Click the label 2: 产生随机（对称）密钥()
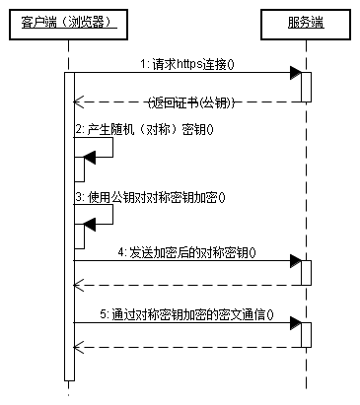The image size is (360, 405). click(x=144, y=129)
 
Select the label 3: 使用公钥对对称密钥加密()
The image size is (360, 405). click(x=150, y=196)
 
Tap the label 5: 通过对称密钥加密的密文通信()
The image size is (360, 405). click(x=187, y=314)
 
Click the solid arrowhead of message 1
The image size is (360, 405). click(x=294, y=73)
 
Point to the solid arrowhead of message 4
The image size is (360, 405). click(x=294, y=261)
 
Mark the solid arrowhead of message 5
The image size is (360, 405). click(x=294, y=323)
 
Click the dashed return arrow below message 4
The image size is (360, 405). click(x=187, y=285)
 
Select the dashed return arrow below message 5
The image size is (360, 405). click(x=187, y=347)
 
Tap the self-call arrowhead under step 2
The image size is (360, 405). click(x=88, y=156)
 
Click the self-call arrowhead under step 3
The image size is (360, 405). click(x=88, y=224)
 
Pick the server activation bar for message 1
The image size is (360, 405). click(x=306, y=87)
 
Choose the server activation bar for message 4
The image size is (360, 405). click(x=306, y=273)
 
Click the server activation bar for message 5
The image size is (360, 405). click(x=306, y=335)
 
